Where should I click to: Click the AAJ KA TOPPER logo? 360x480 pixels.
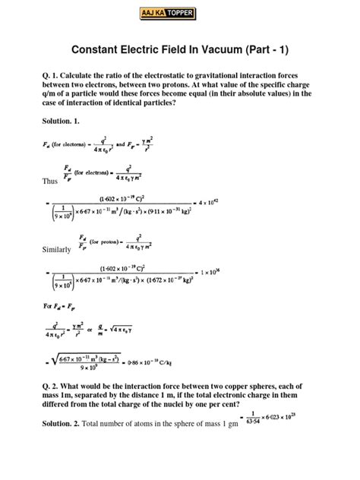click(180, 12)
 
